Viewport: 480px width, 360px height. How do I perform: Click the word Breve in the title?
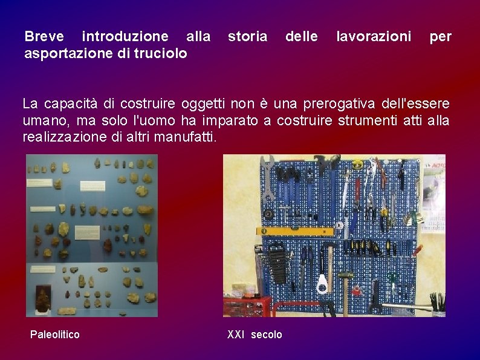[44, 37]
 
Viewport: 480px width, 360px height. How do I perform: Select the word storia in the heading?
[247, 37]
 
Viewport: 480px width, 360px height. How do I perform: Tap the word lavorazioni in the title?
[374, 37]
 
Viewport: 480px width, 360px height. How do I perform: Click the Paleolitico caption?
[55, 334]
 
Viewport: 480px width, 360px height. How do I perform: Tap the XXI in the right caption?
[236, 334]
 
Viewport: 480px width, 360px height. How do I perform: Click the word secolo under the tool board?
[267, 334]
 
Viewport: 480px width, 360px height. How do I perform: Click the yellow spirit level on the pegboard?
[296, 231]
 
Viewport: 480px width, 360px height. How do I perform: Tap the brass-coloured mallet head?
[345, 275]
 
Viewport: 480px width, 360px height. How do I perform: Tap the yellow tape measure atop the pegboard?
[357, 163]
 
